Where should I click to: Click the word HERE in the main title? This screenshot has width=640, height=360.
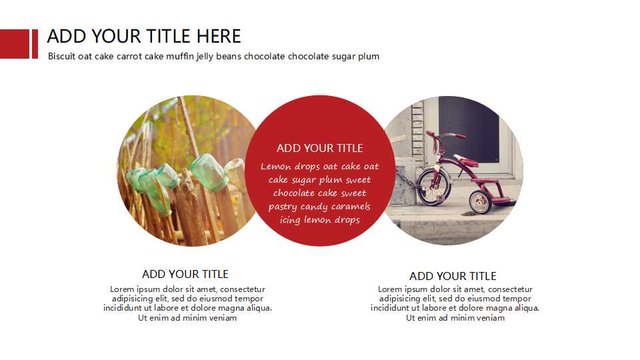(x=219, y=36)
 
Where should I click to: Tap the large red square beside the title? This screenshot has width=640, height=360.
(x=15, y=44)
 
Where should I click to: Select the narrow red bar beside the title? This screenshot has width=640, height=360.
(x=35, y=44)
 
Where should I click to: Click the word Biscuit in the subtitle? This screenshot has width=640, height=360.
(x=61, y=56)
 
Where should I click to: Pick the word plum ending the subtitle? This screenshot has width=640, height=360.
(x=369, y=57)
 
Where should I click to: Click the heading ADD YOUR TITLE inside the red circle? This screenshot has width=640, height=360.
(x=319, y=148)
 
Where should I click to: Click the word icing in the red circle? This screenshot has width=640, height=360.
(x=290, y=220)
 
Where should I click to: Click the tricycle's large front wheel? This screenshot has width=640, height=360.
(x=433, y=187)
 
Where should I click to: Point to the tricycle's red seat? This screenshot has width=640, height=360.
(x=466, y=160)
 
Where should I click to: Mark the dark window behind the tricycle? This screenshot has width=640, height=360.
(x=469, y=129)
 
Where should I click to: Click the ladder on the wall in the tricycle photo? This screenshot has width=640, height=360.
(x=417, y=131)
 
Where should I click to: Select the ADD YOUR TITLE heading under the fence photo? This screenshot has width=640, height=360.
(x=185, y=274)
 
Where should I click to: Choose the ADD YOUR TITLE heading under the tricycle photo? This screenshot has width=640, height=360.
(x=453, y=276)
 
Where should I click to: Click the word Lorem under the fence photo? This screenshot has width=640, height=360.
(x=122, y=289)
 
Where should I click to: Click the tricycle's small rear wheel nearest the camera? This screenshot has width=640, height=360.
(x=481, y=201)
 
